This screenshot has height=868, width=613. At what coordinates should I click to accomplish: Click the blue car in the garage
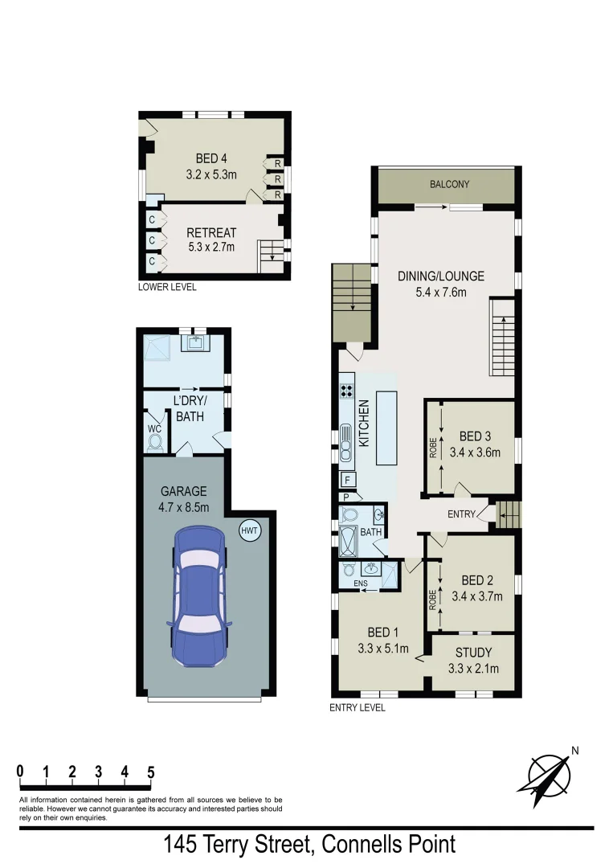click(198, 596)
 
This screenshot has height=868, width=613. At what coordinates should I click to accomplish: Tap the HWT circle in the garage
click(250, 530)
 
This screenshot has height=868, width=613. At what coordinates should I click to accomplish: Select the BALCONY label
click(449, 184)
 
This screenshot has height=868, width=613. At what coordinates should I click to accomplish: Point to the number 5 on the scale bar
click(150, 772)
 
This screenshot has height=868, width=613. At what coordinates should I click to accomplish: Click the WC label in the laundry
click(155, 428)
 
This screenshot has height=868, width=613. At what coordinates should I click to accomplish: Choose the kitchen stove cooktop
click(348, 391)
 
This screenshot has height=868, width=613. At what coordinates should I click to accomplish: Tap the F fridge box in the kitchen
click(348, 481)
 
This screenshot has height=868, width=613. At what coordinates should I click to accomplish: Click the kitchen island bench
click(386, 428)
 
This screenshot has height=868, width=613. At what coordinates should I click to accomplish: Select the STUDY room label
click(473, 652)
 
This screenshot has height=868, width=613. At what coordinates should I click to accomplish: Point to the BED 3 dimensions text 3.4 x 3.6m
click(475, 452)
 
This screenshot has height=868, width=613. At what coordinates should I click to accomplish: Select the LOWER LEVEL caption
click(167, 287)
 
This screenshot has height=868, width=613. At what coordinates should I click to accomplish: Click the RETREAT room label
click(211, 233)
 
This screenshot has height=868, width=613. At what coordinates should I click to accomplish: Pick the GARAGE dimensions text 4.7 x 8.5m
click(185, 507)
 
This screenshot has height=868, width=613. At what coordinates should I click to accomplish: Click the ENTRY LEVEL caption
click(358, 708)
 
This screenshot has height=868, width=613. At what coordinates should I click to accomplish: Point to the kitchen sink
click(347, 443)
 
